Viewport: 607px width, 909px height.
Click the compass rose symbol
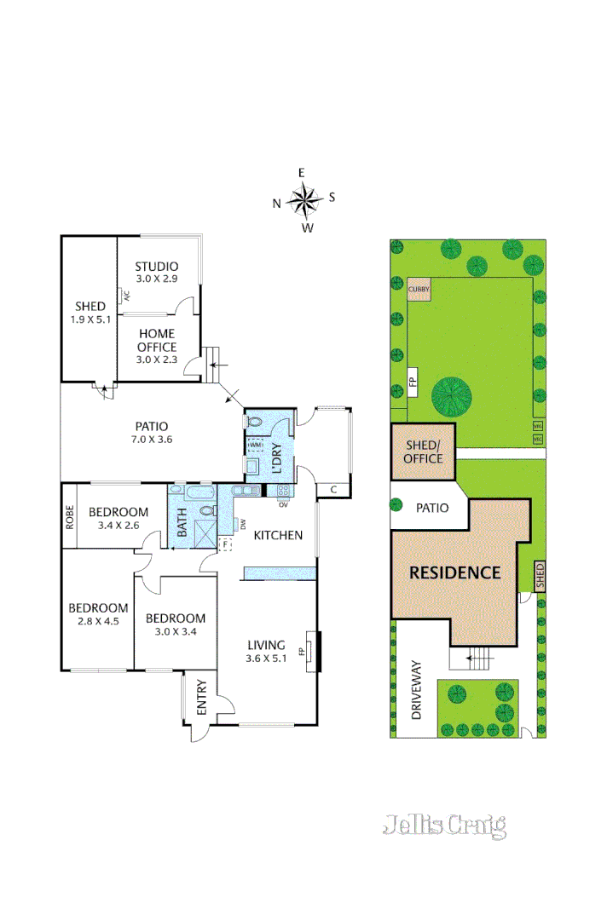[303, 201]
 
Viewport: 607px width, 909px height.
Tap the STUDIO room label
[156, 267]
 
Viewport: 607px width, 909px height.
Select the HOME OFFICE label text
[156, 341]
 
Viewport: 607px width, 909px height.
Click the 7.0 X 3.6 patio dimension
[150, 440]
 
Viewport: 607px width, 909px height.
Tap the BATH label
[182, 521]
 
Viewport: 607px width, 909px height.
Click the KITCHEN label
[278, 535]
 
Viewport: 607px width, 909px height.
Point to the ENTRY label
[202, 697]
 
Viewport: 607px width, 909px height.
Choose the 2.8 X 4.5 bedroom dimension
[98, 621]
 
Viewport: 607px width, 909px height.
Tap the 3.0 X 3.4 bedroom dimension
[175, 631]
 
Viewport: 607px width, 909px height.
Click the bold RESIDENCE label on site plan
[455, 572]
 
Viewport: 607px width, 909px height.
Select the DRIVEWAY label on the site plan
[417, 690]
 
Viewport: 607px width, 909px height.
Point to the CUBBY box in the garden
[419, 290]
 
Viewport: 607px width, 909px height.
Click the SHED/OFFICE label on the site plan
[424, 452]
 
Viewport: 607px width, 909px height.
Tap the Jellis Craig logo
[444, 825]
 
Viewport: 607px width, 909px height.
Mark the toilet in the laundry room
[255, 422]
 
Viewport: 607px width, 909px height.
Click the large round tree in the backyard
[452, 395]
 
